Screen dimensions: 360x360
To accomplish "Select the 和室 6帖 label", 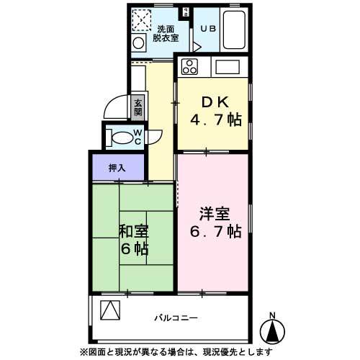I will click(133, 240).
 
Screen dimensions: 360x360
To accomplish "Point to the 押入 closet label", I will click(117, 168).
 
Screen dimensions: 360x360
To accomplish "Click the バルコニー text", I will click(176, 318).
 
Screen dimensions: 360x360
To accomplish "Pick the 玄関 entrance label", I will click(138, 107).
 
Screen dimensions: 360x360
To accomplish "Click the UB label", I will click(207, 29).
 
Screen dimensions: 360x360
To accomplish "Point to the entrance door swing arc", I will click(114, 108).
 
